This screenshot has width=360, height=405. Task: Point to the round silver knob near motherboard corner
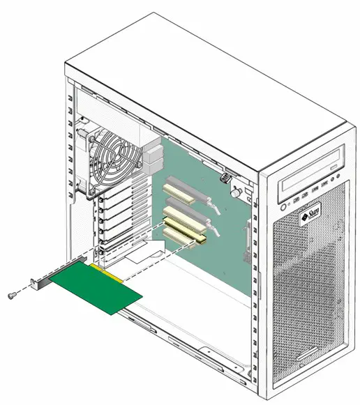click(237, 190)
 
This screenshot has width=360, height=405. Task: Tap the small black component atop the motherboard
click(227, 177)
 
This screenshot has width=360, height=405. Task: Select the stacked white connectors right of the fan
click(155, 158)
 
